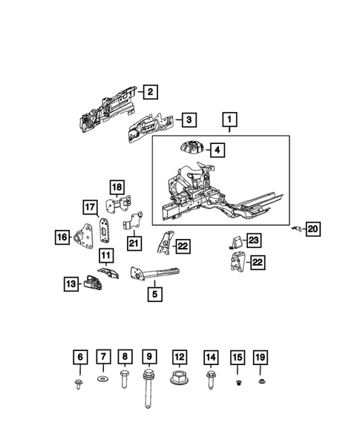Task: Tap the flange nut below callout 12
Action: coord(178,378)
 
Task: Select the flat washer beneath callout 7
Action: coord(103,379)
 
